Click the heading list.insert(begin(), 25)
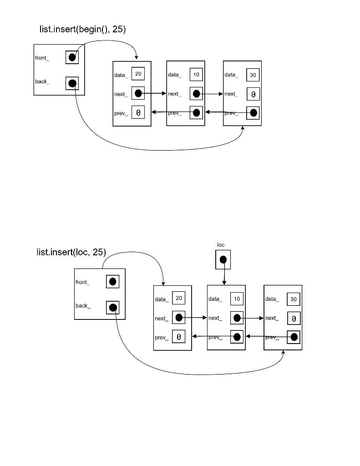pos(82,29)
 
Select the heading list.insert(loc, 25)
pos(71,252)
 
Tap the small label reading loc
pos(221,245)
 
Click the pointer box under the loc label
pos(223,259)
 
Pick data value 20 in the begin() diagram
pos(138,74)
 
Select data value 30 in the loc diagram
pos(294,299)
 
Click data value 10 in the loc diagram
pos(237,299)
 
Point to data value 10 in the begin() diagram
pos(196,74)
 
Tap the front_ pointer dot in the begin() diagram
pos(72,57)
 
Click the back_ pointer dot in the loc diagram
pos(112,308)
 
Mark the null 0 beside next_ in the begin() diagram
pos(253,94)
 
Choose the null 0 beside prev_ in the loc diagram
pos(179,337)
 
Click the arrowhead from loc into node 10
pos(224,283)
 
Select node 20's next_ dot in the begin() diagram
pos(138,93)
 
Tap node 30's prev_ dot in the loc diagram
pos(294,337)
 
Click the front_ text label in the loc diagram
pos(82,282)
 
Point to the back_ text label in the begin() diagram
pos(42,81)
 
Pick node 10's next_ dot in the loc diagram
pos(237,318)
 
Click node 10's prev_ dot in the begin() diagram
pos(196,112)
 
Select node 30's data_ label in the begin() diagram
pos(231,75)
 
